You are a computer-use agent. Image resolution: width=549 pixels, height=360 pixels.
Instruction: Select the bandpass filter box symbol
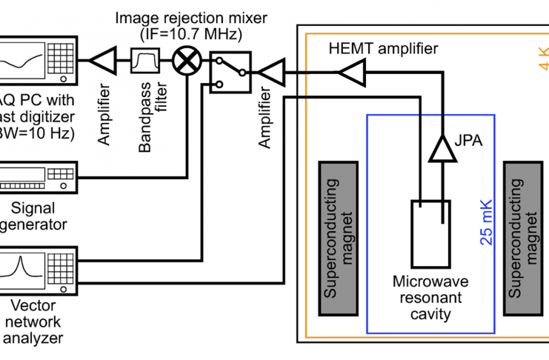pos(144,60)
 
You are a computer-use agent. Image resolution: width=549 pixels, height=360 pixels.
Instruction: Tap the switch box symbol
pos(230,71)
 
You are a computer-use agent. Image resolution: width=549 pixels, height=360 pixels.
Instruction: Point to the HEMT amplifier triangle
pos(350,72)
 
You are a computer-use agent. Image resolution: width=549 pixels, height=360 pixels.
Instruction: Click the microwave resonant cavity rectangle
pos(430,236)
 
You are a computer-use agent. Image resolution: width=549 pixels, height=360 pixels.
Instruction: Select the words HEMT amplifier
pos(383,49)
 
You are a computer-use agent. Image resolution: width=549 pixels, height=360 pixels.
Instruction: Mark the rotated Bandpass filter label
pos(145,118)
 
